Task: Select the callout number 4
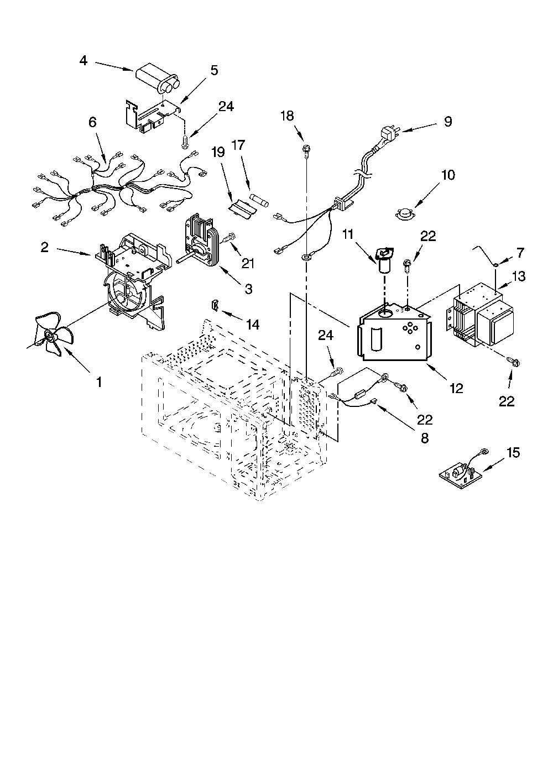click(x=83, y=61)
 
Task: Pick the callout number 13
click(x=518, y=276)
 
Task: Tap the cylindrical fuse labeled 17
click(x=259, y=199)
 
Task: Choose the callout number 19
click(x=218, y=152)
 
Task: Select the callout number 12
click(x=456, y=388)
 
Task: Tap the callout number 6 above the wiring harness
click(x=93, y=122)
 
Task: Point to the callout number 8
click(x=425, y=438)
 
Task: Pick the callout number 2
click(x=45, y=248)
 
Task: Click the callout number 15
click(x=513, y=453)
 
